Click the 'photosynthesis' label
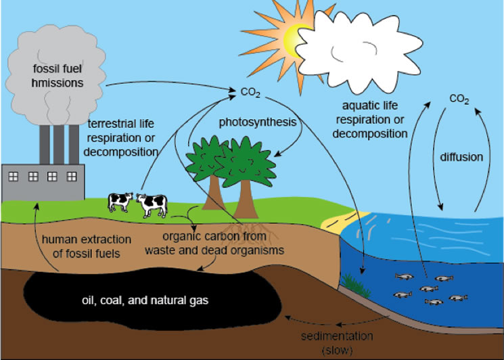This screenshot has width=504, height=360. [x=258, y=122]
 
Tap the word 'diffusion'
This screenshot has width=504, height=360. [x=461, y=157]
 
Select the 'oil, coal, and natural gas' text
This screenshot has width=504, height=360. [x=145, y=300]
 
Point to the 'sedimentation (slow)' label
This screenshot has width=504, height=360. [x=337, y=342]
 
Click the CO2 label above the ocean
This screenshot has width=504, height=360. [x=459, y=99]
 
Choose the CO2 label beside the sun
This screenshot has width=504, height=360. [x=250, y=93]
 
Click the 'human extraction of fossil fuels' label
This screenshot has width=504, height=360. [x=87, y=246]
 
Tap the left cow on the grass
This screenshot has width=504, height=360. [x=120, y=202]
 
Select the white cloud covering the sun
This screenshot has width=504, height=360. [x=359, y=51]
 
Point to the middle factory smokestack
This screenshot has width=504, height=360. [x=58, y=145]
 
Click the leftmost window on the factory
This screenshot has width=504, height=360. [x=13, y=177]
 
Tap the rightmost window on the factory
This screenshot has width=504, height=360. [x=72, y=177]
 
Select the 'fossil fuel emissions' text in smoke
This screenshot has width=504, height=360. [x=58, y=76]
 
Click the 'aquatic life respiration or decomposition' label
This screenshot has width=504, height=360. [x=370, y=120]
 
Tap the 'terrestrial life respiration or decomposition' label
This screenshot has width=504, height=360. [x=121, y=137]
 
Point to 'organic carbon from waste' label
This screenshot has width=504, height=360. [x=214, y=243]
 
